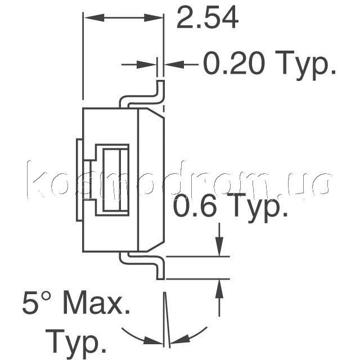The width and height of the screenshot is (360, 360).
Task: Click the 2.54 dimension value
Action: [x=208, y=18]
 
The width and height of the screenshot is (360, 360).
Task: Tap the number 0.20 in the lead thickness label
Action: [x=234, y=63]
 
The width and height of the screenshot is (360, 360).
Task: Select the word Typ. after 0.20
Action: [x=305, y=65]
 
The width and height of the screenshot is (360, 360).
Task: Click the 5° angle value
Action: [x=37, y=302]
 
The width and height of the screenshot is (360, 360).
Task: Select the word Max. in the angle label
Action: [x=96, y=302]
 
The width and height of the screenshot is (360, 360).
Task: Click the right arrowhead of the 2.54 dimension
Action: [x=154, y=17]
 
